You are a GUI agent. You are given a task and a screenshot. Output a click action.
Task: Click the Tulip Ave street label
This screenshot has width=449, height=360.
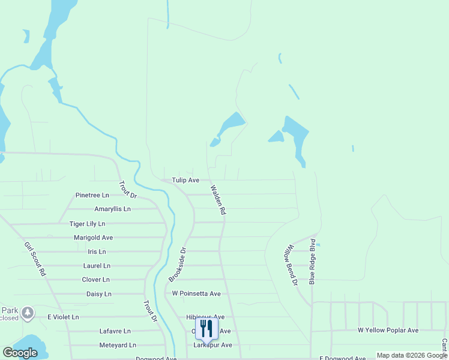pos(185,180)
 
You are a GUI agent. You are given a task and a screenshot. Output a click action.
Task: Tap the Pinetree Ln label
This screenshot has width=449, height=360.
pos(92,195)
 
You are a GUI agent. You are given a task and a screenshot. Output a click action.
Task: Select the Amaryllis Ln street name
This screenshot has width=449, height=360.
pos(112,209)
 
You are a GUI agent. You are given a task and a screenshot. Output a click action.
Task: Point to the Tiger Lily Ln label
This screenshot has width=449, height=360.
pos(87,224)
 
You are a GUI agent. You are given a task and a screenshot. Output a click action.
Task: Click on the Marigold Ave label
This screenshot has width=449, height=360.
pos(93,238)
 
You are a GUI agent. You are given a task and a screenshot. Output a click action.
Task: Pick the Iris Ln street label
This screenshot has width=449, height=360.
pos(97,252)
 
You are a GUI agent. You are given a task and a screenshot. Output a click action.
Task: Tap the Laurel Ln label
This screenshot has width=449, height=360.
pos(97,266)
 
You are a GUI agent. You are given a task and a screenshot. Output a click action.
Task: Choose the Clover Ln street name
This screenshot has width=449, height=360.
pos(95,280)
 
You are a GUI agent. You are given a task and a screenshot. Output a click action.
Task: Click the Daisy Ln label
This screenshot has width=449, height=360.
pos(99,294)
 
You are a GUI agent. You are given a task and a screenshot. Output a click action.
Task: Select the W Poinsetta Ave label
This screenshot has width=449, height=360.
pos(196,294)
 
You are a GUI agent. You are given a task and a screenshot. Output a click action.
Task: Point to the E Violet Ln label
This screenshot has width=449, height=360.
pos(63,317)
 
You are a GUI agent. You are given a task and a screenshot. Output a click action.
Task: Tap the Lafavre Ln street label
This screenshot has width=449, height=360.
pos(115,331)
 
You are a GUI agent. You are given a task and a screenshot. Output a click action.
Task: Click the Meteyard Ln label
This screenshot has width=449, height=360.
pos(118,345)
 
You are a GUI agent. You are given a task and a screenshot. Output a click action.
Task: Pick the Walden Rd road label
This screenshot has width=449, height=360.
pos(218,200)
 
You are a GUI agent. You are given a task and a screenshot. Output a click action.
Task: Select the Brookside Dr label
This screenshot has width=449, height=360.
pos(178,265)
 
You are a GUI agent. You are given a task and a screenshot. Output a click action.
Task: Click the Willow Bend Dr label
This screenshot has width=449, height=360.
pos(291,265)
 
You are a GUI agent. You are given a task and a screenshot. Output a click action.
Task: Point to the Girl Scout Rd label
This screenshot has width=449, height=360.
pos(35,259)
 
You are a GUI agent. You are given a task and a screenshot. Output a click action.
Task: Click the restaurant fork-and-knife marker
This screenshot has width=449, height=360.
pos(206,329)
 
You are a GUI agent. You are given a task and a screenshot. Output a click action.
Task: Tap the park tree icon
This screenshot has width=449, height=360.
pos(27,313)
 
